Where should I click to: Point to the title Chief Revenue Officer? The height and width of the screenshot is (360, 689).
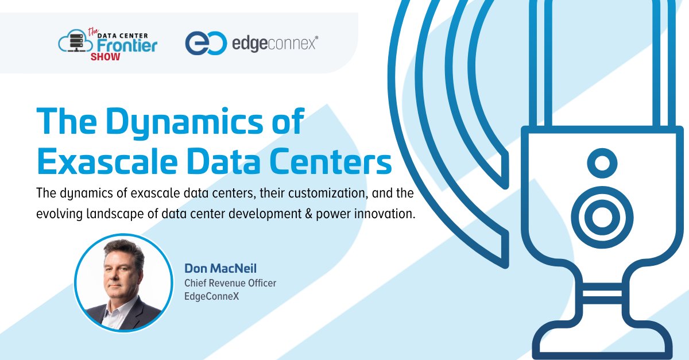230,282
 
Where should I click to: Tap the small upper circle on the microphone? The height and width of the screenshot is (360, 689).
602,164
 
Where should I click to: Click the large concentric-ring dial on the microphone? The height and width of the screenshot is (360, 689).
602,217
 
